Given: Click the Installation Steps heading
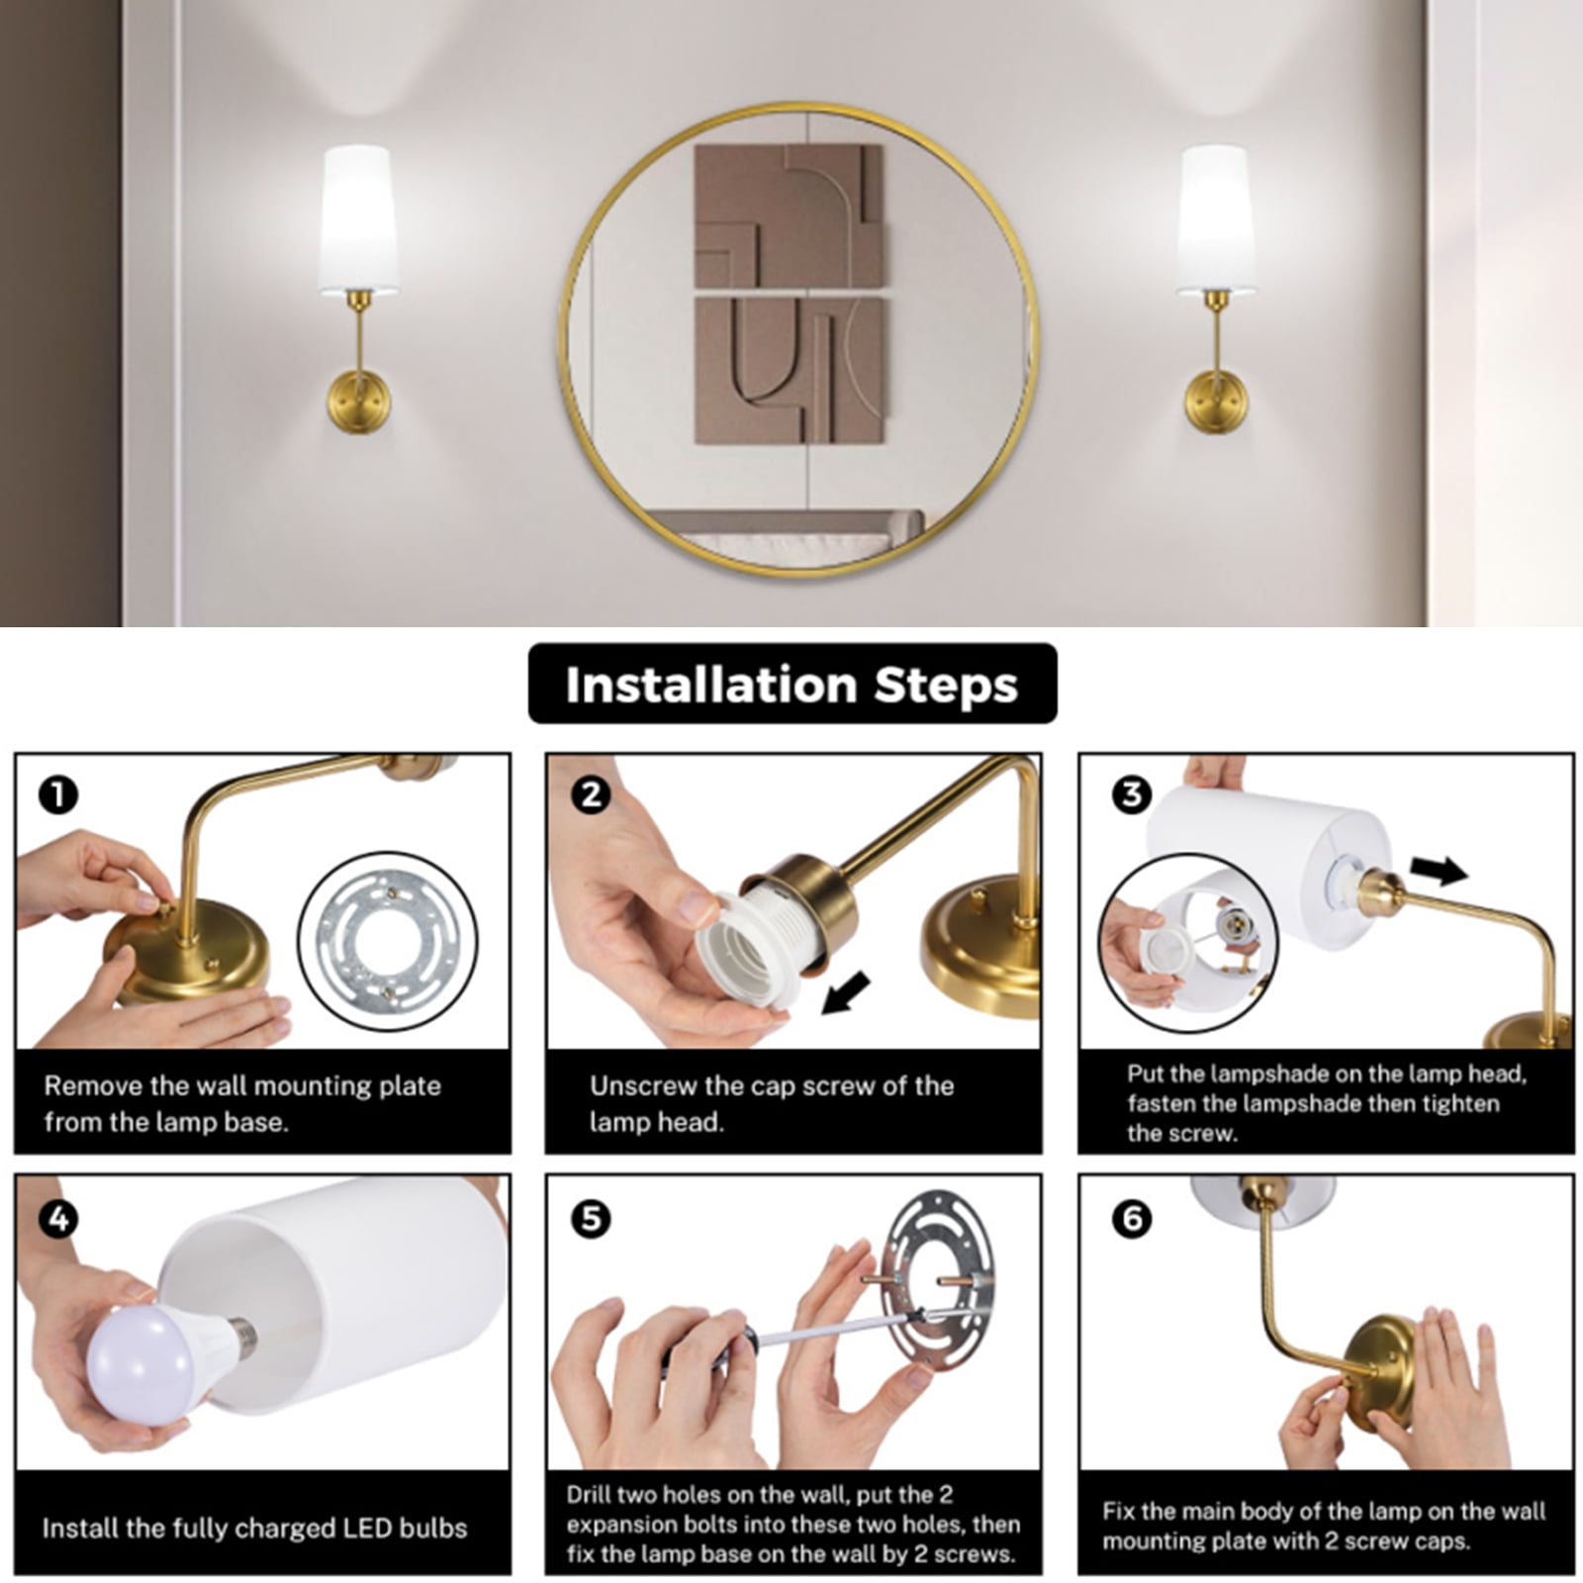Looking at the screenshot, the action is (791, 685).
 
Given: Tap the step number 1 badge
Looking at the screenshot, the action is (57, 794).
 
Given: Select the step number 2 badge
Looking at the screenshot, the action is (592, 794).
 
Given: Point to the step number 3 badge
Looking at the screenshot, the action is (1132, 794).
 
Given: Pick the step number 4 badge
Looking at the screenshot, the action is (57, 1219).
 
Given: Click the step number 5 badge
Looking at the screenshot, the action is (592, 1219).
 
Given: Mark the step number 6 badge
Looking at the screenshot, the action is (1132, 1219).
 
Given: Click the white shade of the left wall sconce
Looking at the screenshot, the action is (358, 219).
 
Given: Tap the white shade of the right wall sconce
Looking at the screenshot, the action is (1216, 219).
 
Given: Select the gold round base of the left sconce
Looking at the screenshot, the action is (359, 401).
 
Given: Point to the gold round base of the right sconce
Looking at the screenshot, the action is (1217, 401).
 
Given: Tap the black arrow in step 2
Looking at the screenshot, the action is (847, 993).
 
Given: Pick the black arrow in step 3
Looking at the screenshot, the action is (1439, 871).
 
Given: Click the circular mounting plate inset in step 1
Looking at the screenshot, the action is (387, 941).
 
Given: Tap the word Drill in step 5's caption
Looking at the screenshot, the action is (590, 1494).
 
